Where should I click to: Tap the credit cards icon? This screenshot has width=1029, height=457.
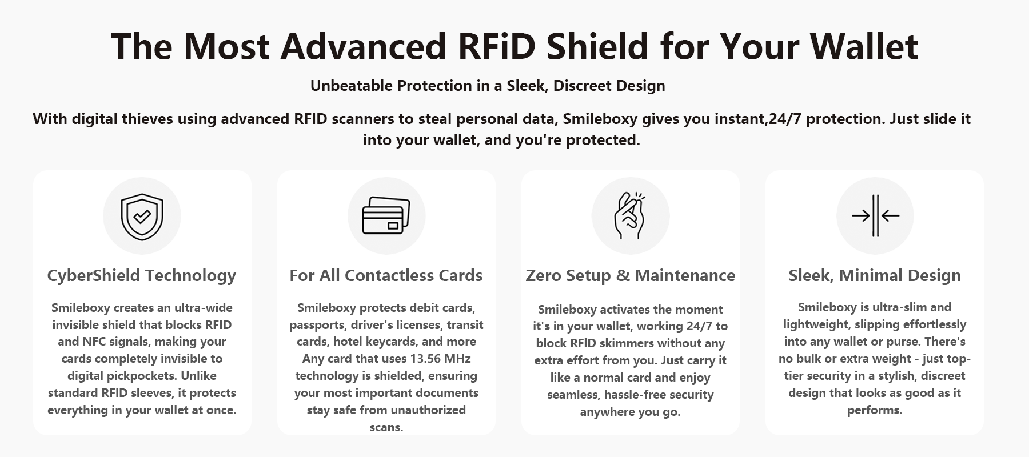click(386, 215)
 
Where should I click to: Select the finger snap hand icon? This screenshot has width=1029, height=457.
click(629, 215)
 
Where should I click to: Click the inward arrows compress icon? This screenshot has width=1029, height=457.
click(875, 215)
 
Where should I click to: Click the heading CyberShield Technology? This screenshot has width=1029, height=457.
click(142, 276)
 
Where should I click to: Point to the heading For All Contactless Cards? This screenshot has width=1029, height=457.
click(386, 275)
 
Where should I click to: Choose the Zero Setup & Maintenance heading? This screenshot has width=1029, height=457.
click(631, 275)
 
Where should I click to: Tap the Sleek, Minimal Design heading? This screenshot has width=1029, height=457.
click(875, 276)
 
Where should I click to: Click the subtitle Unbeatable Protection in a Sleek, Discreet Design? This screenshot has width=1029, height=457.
click(488, 86)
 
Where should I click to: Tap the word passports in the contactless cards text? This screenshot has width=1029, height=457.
click(317, 325)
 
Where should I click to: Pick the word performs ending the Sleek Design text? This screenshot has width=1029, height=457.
click(875, 410)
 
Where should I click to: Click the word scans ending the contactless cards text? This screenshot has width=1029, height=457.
click(386, 427)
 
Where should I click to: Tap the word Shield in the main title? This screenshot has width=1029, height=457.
click(597, 46)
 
